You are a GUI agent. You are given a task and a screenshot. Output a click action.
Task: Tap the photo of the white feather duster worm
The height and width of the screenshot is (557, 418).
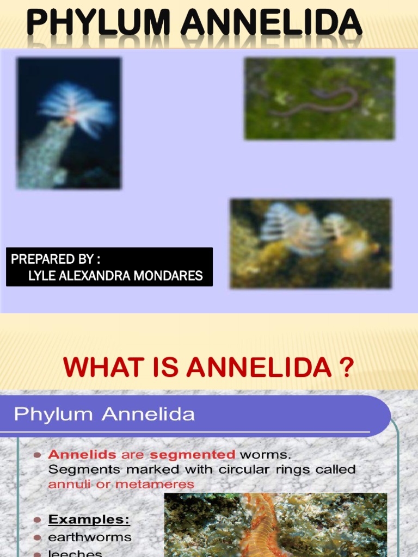coord(69,123)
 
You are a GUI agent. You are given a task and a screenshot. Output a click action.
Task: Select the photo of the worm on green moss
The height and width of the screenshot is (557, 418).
coord(319,98)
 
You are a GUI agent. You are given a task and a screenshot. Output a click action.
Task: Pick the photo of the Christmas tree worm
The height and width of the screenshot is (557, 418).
coord(310,243)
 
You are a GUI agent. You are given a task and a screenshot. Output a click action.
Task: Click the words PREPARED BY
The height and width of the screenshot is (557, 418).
coord(55,259)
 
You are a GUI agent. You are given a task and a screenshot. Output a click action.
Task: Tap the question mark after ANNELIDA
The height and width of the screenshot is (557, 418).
coord(346,368)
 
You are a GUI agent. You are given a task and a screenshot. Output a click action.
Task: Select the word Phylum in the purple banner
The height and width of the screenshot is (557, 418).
coord(46,414)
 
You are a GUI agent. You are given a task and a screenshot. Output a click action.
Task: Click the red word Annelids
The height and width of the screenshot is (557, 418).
coord(82,455)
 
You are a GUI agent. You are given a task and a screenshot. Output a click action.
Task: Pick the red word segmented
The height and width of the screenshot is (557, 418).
coord(193,455)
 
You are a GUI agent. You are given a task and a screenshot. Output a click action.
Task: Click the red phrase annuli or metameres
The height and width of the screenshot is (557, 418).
coord(121,484)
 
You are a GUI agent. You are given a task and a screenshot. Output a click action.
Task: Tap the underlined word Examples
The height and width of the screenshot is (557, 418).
coord(89,519)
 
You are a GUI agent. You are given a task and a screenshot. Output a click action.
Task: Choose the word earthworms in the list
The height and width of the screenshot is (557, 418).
coord(90,537)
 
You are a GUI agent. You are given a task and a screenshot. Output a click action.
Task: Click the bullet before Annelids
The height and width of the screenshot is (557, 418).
coord(37,455)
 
